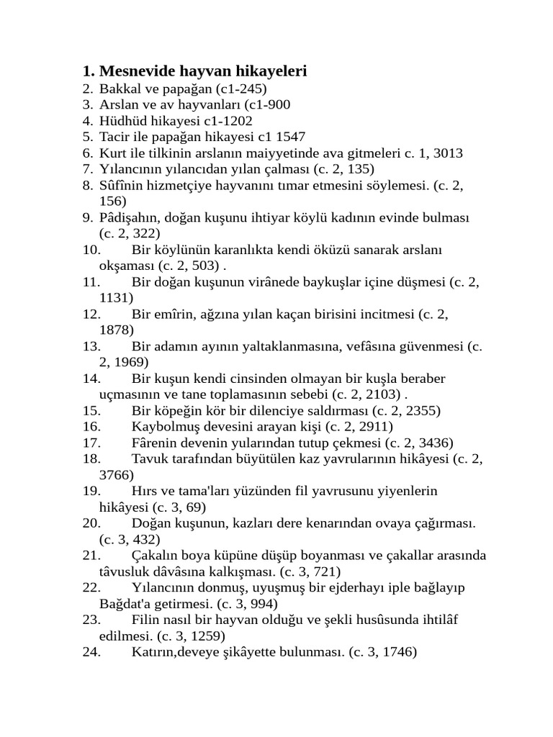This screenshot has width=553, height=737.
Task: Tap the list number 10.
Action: click(x=91, y=249)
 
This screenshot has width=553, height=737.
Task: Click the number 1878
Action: click(x=117, y=329)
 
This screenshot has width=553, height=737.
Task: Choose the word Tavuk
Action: click(x=149, y=458)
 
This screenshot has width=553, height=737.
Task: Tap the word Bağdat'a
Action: click(x=126, y=603)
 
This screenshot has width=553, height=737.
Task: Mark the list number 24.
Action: click(x=91, y=652)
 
